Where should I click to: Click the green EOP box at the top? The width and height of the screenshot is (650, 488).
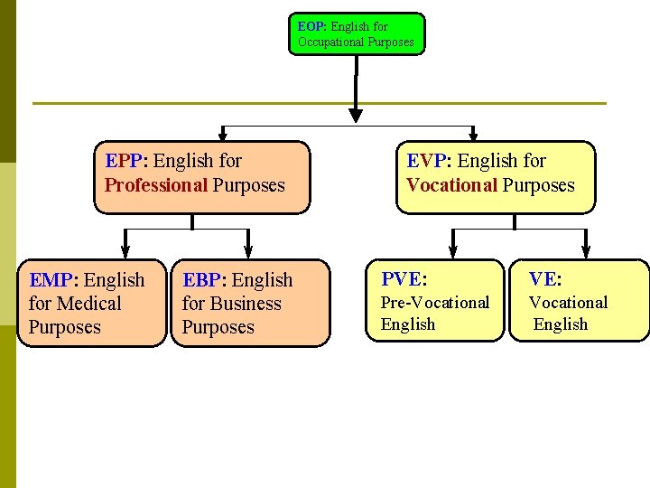pos(357,33)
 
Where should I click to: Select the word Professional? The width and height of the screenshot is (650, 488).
pos(156,185)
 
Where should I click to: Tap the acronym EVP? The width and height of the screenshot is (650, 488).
pos(428,161)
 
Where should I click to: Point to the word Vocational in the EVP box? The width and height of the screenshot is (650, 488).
pos(451,185)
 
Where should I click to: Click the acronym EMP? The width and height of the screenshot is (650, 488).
pos(54,280)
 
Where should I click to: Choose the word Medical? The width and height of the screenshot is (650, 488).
pos(88,304)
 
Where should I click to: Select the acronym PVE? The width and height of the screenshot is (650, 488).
pos(402,278)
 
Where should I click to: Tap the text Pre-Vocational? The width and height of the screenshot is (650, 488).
pos(434,302)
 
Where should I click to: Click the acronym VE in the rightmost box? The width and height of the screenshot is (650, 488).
pos(543,278)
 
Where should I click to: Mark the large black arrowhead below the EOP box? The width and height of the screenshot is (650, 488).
pos(356,115)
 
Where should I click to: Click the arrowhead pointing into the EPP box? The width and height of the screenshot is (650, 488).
pos(221,136)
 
